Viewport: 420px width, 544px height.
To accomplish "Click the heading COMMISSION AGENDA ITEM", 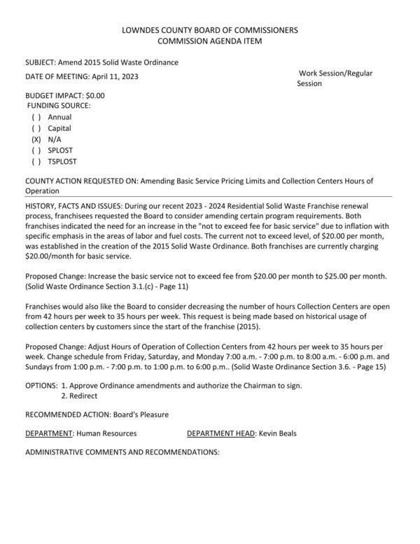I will coord(209,42).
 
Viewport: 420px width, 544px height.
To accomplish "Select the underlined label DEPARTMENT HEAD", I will coord(220,433).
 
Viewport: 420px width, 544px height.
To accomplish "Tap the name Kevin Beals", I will coord(277,433).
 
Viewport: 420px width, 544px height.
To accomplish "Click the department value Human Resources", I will coord(106,433).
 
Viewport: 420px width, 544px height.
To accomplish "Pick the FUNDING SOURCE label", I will coord(59,106).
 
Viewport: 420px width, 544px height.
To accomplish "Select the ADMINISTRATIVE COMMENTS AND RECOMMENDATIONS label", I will coord(122,452).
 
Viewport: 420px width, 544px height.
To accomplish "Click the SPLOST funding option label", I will coord(60,151).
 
